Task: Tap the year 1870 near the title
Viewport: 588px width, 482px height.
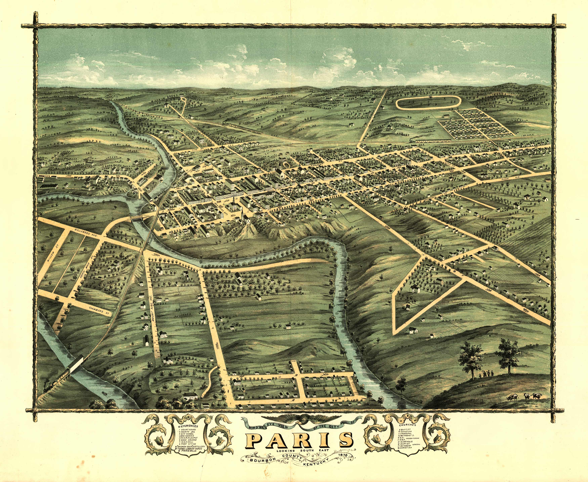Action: [345, 455]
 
